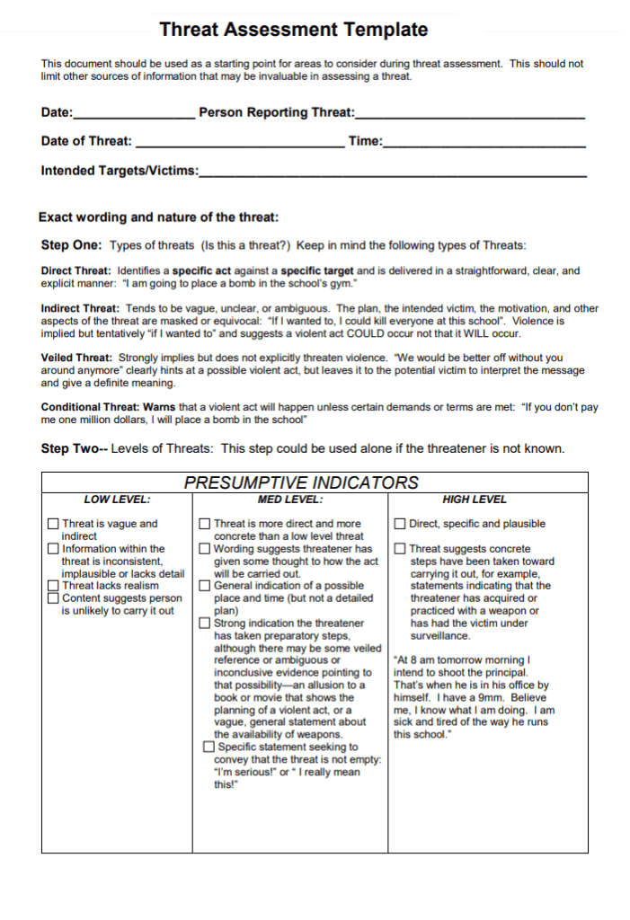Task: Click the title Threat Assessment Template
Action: tap(293, 30)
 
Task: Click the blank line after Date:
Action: tap(134, 115)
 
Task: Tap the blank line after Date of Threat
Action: tap(238, 143)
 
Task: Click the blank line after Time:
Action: tap(484, 143)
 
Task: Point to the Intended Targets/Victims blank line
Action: tap(393, 172)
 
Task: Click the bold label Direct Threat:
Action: tap(76, 270)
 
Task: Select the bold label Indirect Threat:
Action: tap(80, 308)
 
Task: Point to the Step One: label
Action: tap(72, 245)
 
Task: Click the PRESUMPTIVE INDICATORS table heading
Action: tap(301, 482)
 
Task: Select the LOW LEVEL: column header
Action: tap(117, 500)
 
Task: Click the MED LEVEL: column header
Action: tap(289, 500)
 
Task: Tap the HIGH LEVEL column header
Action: tap(475, 500)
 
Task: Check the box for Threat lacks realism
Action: tap(54, 586)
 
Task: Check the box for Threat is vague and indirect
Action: tap(54, 524)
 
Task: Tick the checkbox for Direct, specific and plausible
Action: tap(400, 524)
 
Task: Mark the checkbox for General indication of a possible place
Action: tap(205, 586)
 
